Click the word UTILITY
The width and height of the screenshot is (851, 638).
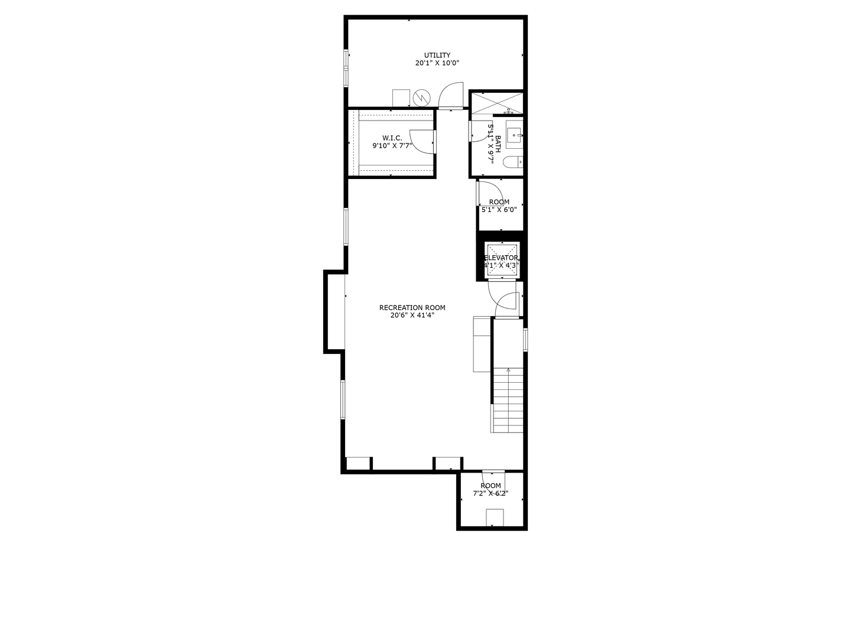pos(437,56)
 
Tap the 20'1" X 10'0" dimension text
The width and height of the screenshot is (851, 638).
pos(437,63)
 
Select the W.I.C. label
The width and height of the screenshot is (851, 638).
pos(392,138)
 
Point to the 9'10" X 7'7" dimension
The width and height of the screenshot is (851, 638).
pos(392,145)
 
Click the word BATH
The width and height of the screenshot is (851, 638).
pos(498,144)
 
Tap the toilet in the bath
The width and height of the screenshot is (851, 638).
pos(513,161)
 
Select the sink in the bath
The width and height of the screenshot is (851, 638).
pos(514,134)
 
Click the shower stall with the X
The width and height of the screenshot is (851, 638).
pos(496,103)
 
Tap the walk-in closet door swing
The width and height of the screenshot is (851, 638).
pos(421,141)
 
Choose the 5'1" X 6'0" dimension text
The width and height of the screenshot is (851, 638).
pos(499,209)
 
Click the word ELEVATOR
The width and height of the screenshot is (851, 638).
pos(501,258)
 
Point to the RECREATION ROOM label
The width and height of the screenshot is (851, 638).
pos(412,308)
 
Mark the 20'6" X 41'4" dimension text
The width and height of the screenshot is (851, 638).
pos(412,315)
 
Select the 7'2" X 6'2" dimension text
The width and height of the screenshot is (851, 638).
pos(491,493)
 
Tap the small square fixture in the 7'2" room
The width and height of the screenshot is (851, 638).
pos(495,517)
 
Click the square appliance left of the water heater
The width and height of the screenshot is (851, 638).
pos(401,98)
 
